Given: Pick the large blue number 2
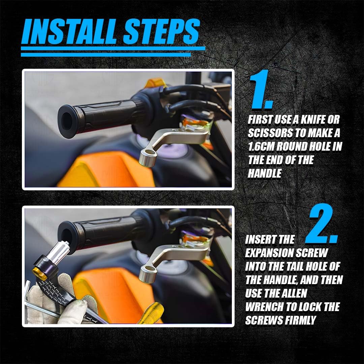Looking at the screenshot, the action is pyautogui.click(x=321, y=223).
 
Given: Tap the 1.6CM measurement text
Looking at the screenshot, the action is pyautogui.click(x=261, y=147).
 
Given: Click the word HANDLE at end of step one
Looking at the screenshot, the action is pyautogui.click(x=265, y=174).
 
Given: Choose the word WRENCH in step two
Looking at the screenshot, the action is pyautogui.click(x=264, y=307).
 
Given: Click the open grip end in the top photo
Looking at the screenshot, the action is pyautogui.click(x=68, y=121).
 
